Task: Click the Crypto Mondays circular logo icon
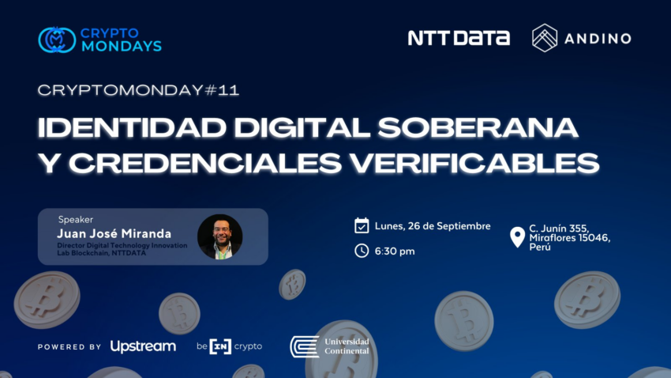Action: (57, 40)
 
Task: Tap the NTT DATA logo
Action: (459, 38)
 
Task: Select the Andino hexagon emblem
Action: (545, 38)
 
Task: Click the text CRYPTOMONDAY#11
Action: (138, 90)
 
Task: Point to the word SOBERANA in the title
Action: (478, 128)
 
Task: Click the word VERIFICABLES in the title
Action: (474, 163)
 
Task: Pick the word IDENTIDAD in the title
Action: (133, 128)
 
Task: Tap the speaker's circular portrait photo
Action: (220, 236)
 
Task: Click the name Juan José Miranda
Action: (114, 233)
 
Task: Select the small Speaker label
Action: (75, 219)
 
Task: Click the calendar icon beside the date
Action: (362, 225)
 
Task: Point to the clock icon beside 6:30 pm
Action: (362, 251)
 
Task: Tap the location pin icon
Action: (517, 237)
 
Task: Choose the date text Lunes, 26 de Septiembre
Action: (433, 226)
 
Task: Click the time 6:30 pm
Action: (395, 251)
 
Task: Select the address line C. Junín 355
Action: (559, 229)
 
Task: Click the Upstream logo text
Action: (143, 346)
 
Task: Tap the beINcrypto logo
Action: (230, 346)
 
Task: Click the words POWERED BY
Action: (69, 346)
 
